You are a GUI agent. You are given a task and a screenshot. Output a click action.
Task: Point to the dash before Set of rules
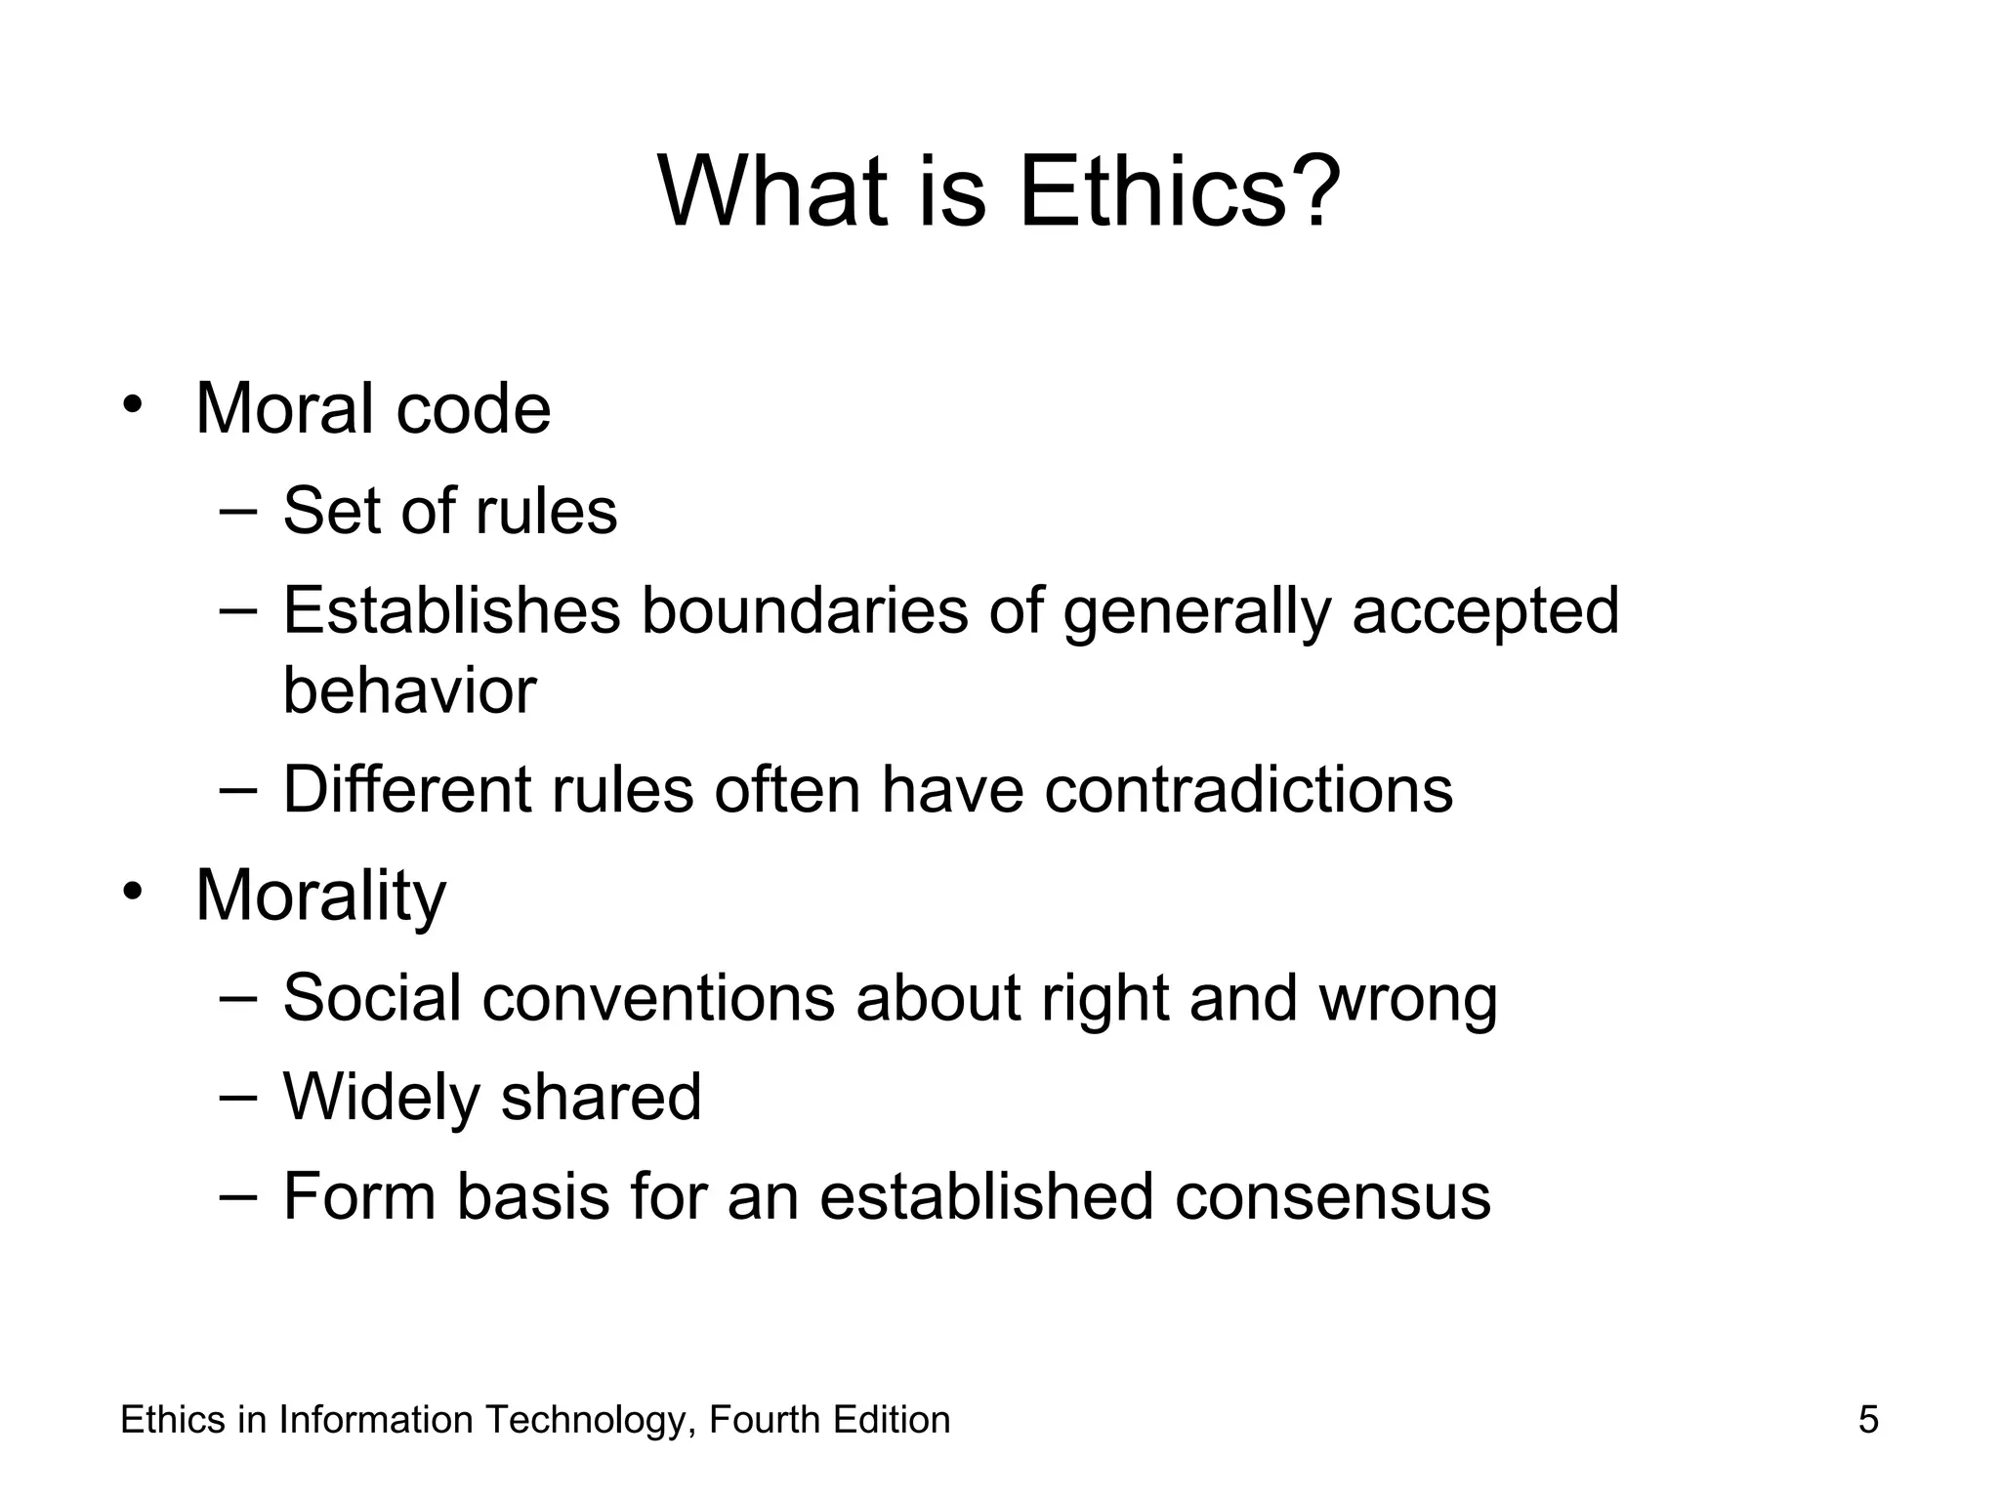point(239,509)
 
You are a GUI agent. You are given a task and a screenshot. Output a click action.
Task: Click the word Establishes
point(451,610)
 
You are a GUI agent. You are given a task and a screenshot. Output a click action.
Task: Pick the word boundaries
point(804,610)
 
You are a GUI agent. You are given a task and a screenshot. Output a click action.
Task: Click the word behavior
point(409,690)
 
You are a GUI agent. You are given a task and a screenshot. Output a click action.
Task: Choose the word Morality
point(320,896)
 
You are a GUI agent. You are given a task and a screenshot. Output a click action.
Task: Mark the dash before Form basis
point(239,1195)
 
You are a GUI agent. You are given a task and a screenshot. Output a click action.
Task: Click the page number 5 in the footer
point(1868,1420)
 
